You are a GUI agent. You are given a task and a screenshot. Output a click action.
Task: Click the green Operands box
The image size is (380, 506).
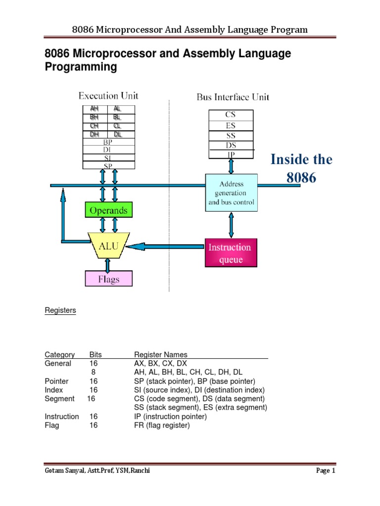pos(108,211)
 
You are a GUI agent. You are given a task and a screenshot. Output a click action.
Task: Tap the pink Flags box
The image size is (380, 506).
pos(109,279)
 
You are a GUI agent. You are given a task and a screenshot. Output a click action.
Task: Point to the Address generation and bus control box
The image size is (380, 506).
pos(231,193)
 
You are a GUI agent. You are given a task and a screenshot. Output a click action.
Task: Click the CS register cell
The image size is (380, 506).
pos(231,115)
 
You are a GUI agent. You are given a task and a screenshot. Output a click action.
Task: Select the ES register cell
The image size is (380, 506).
pos(231,126)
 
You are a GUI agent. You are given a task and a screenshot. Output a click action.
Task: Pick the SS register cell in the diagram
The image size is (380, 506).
pos(231,136)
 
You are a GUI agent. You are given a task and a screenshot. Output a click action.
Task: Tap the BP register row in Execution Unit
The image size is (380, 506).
pos(108,141)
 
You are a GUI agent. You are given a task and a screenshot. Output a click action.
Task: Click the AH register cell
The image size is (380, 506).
pos(94,109)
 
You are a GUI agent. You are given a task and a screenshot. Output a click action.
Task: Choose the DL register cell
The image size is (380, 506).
pos(117,134)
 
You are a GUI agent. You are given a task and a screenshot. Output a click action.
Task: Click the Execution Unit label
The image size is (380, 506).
pos(108,96)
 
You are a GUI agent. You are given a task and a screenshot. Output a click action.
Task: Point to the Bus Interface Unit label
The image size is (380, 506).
pos(233,97)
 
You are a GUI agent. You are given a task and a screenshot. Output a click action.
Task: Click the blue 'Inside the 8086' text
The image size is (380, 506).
pos(301,169)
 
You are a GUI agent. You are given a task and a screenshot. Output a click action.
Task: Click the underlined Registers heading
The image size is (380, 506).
pos(60,310)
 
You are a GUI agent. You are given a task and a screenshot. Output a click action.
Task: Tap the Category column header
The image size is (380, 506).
pos(60,354)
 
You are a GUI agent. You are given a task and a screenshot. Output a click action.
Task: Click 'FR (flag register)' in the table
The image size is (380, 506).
pos(162,425)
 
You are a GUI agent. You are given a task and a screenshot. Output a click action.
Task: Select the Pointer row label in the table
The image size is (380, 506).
pos(57,381)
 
